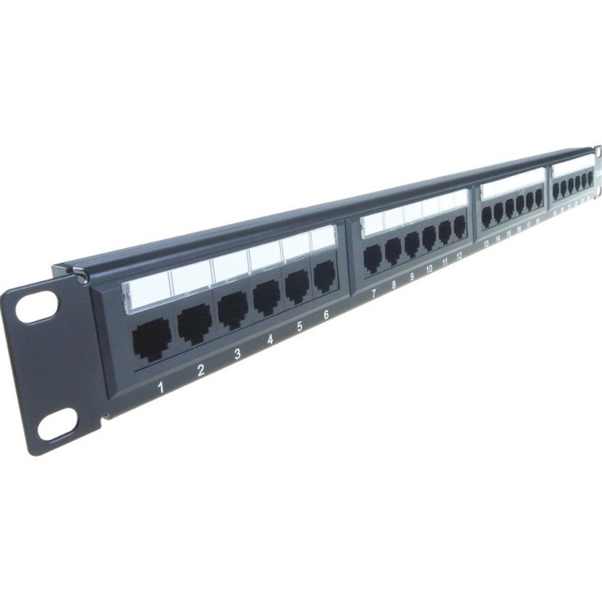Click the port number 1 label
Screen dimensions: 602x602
161,387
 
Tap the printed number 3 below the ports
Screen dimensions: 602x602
237,355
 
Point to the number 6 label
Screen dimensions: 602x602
325,315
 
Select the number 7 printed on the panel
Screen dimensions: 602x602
374,293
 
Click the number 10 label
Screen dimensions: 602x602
428,269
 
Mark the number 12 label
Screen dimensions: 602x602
458,256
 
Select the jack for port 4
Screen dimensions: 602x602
267,298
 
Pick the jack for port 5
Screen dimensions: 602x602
296,287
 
